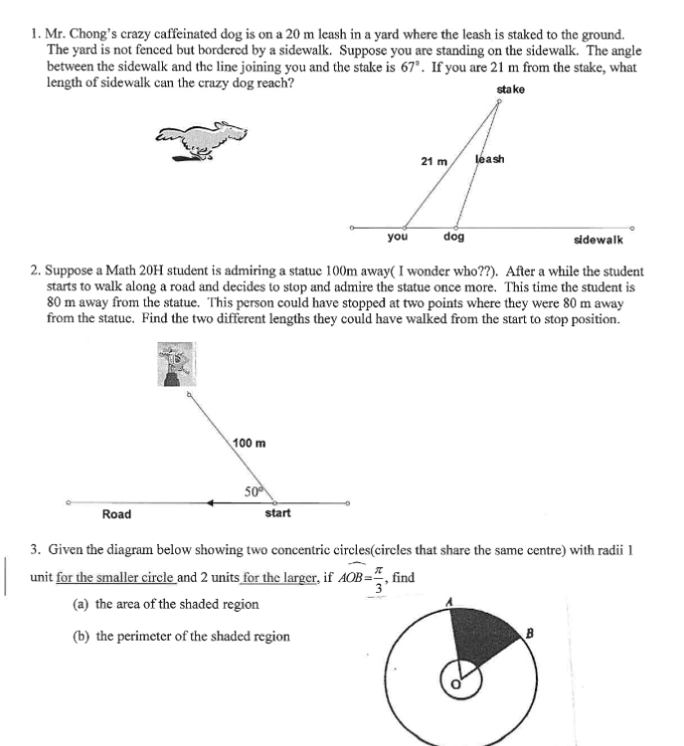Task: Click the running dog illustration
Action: [207, 139]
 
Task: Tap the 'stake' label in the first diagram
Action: [510, 90]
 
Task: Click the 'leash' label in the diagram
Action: [490, 159]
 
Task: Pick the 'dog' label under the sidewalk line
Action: [453, 238]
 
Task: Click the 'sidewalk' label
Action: [598, 240]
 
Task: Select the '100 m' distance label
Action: [249, 442]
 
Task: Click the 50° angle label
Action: [254, 490]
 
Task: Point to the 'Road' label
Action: [116, 514]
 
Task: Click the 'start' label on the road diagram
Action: [278, 514]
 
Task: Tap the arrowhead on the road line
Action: [211, 503]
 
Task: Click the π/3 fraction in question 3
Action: [376, 583]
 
